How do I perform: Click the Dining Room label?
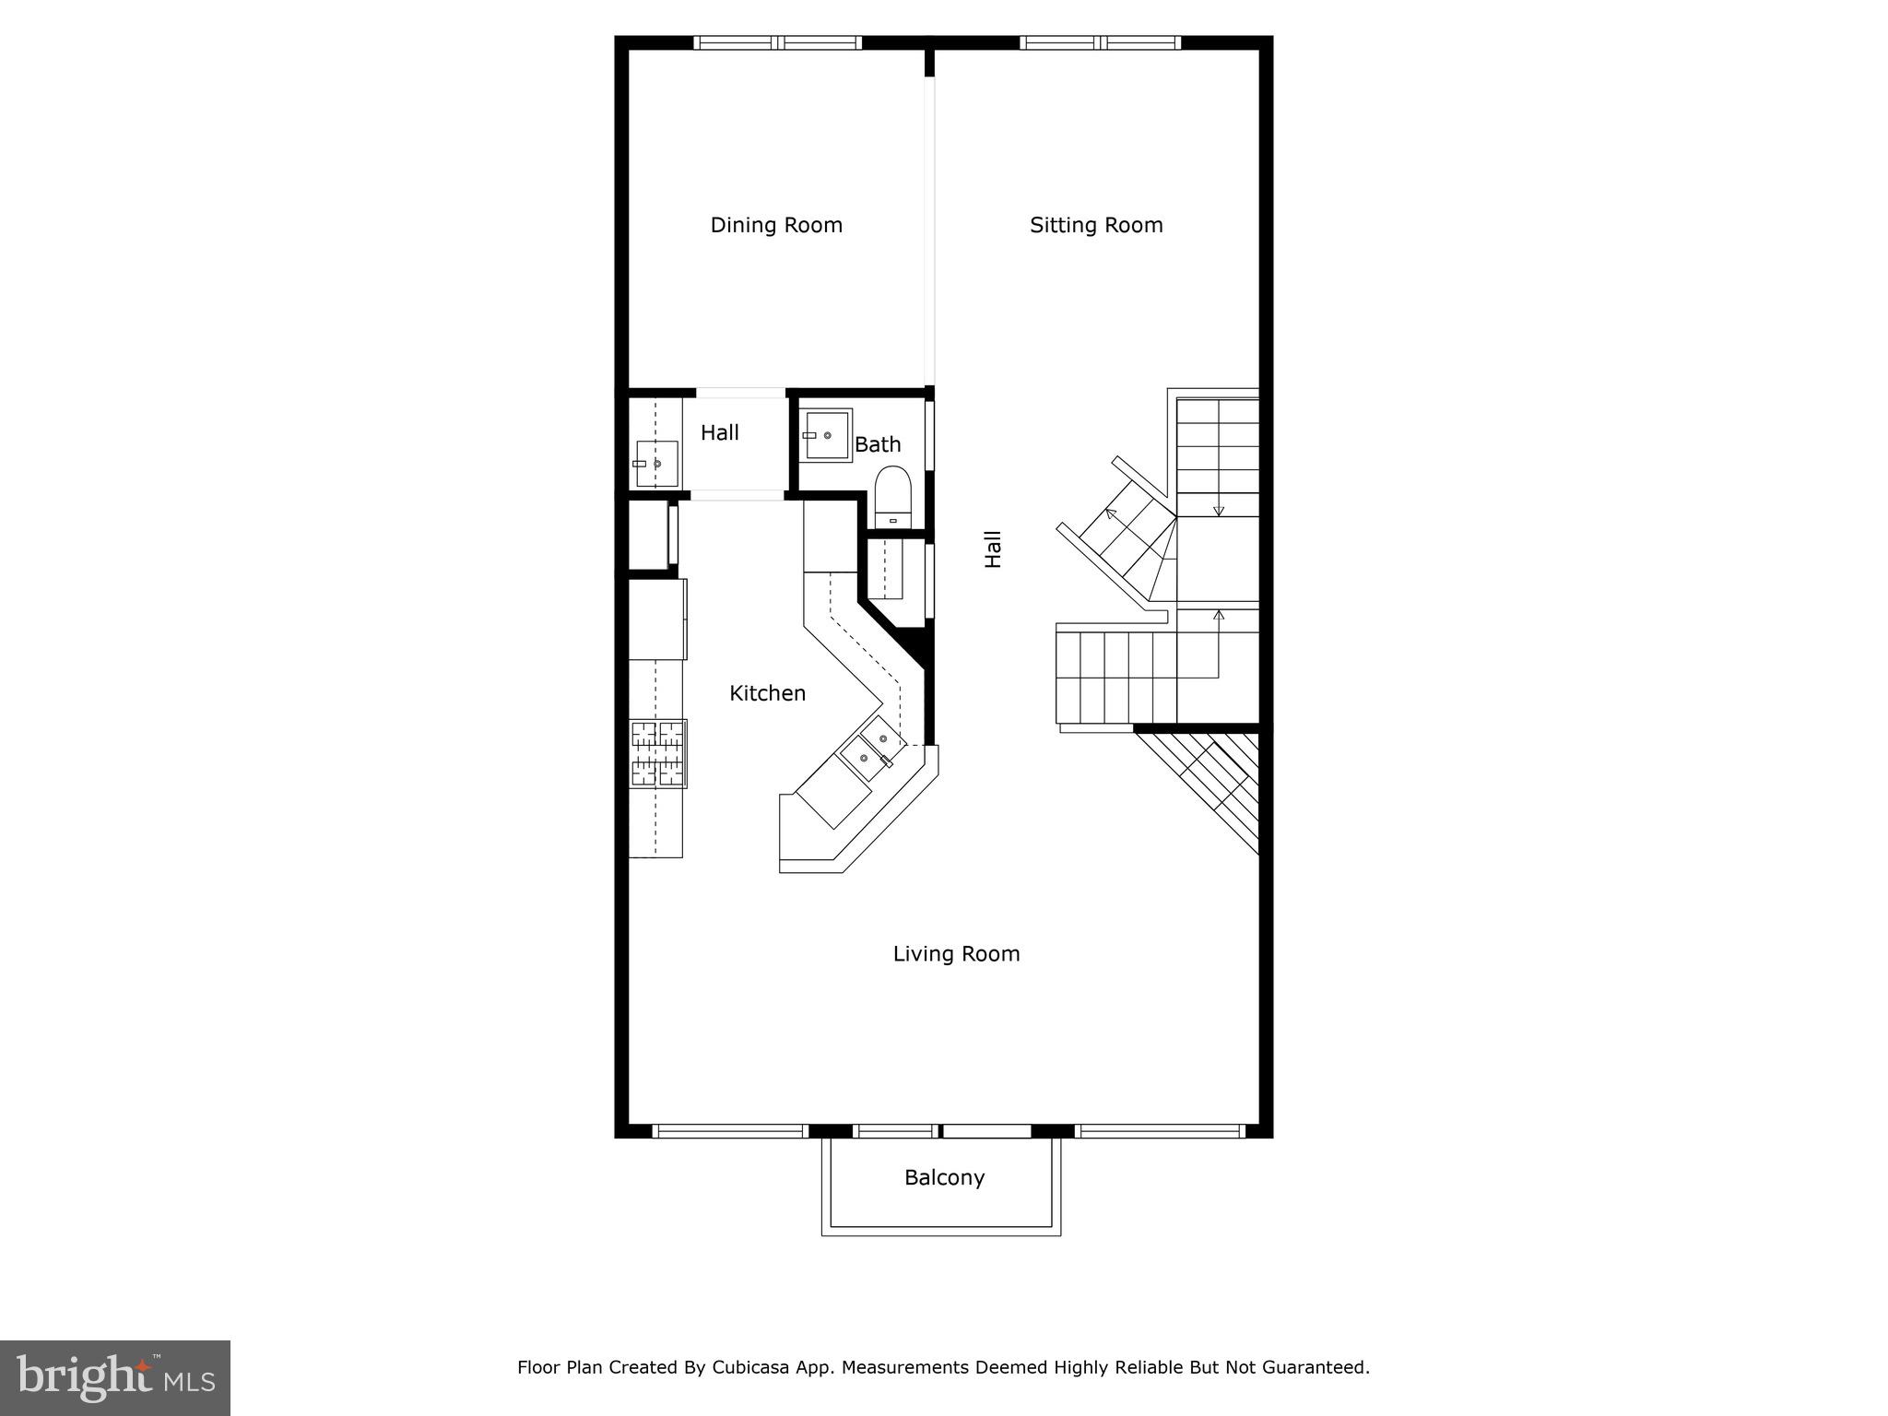click(776, 225)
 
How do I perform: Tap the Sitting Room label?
click(1096, 225)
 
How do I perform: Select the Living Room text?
click(956, 953)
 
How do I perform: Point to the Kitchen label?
click(767, 693)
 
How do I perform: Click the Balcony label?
click(944, 1177)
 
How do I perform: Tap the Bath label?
click(878, 444)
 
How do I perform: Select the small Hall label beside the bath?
click(719, 432)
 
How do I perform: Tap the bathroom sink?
click(825, 435)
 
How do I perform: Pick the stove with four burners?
click(657, 753)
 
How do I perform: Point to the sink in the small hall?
click(655, 464)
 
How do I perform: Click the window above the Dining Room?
click(777, 42)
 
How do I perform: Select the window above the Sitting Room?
click(1099, 42)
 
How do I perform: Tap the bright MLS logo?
click(115, 1377)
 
